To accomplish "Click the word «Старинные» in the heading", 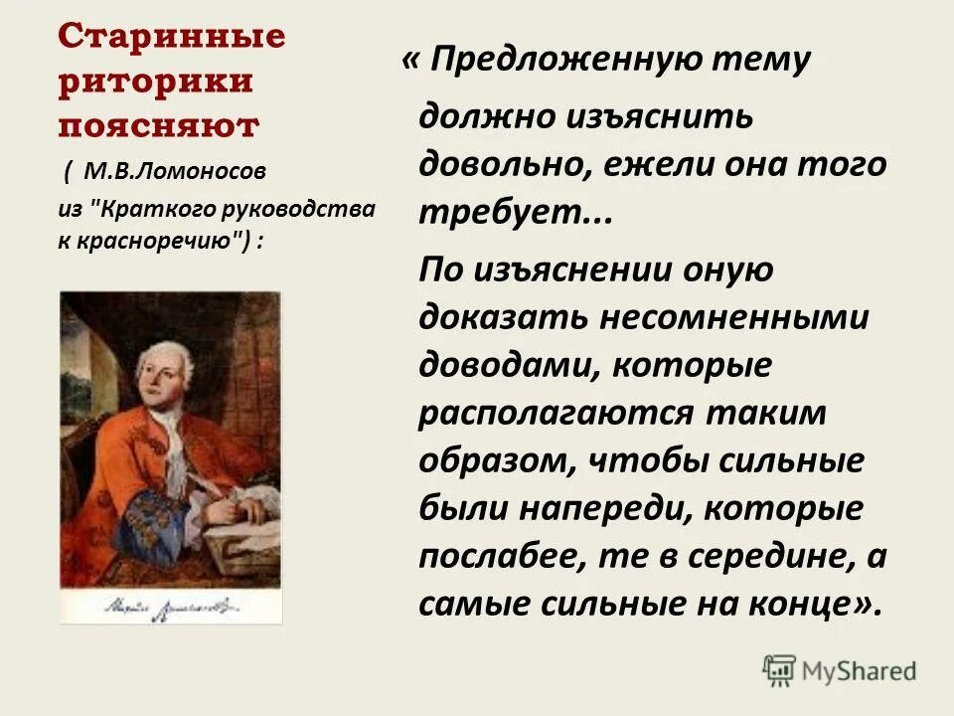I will [171, 37].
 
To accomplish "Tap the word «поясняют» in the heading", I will [158, 126].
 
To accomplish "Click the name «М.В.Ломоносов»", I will [175, 171].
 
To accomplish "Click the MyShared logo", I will [840, 669].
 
